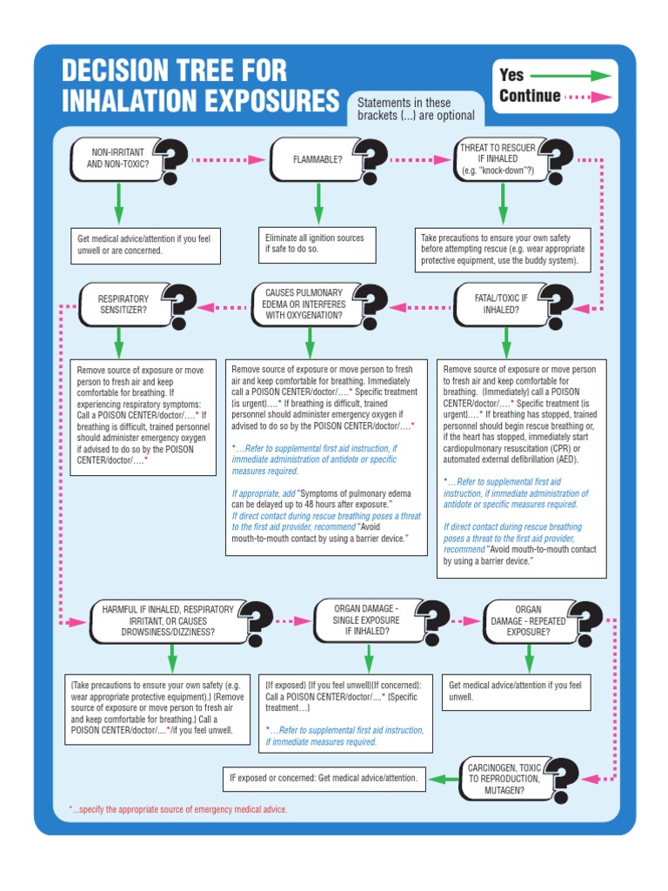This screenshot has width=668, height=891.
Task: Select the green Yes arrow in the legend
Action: point(571,76)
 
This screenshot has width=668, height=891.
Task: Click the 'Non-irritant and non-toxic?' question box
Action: point(118,159)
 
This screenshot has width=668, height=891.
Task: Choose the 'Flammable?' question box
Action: point(317,159)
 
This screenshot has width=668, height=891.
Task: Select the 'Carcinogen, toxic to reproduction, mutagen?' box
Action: point(504,778)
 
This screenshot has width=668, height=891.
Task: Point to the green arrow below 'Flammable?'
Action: point(317,205)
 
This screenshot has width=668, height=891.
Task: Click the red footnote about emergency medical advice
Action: point(177,809)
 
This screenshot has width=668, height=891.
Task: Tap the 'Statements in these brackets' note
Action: point(416,109)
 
